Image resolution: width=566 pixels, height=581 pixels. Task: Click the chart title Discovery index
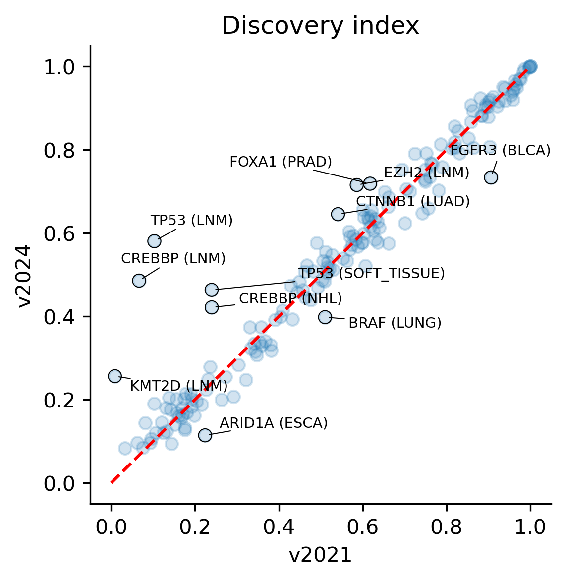[x=321, y=26]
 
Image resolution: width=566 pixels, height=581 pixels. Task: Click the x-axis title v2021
[x=321, y=555]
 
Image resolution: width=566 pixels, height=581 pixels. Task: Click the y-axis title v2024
[x=24, y=276]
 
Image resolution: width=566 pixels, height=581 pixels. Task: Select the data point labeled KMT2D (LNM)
[x=115, y=376]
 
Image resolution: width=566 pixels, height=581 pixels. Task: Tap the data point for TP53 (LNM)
[x=154, y=241]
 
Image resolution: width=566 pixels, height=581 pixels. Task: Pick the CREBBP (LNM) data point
[x=139, y=281]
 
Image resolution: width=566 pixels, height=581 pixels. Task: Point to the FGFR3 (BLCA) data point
[x=491, y=177]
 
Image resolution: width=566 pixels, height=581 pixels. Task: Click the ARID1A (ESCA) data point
[x=205, y=435]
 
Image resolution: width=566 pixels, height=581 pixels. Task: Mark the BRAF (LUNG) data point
[x=325, y=317]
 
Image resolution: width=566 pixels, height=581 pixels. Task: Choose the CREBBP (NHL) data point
[x=212, y=307]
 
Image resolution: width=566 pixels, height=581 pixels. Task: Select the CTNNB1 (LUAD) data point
[x=338, y=214]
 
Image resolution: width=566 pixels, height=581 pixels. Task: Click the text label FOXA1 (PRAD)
[x=281, y=162]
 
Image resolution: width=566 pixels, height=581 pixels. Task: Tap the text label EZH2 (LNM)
[x=426, y=173]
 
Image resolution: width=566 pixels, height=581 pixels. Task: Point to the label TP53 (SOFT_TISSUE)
[x=371, y=273]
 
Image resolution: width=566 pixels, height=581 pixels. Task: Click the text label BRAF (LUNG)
[x=395, y=323]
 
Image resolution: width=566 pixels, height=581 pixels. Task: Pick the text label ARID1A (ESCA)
[x=274, y=423]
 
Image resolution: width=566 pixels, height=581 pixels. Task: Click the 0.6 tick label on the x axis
[x=363, y=527]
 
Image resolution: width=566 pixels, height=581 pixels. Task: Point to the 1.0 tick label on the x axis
[x=530, y=527]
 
